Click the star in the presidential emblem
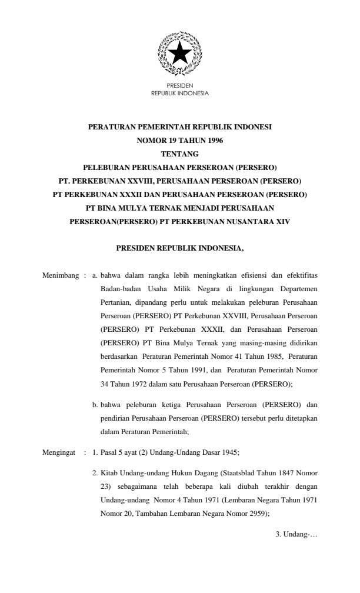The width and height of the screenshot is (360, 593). (x=179, y=55)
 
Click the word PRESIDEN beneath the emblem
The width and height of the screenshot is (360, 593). (x=179, y=86)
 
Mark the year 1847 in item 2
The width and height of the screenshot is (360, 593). (x=284, y=472)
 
